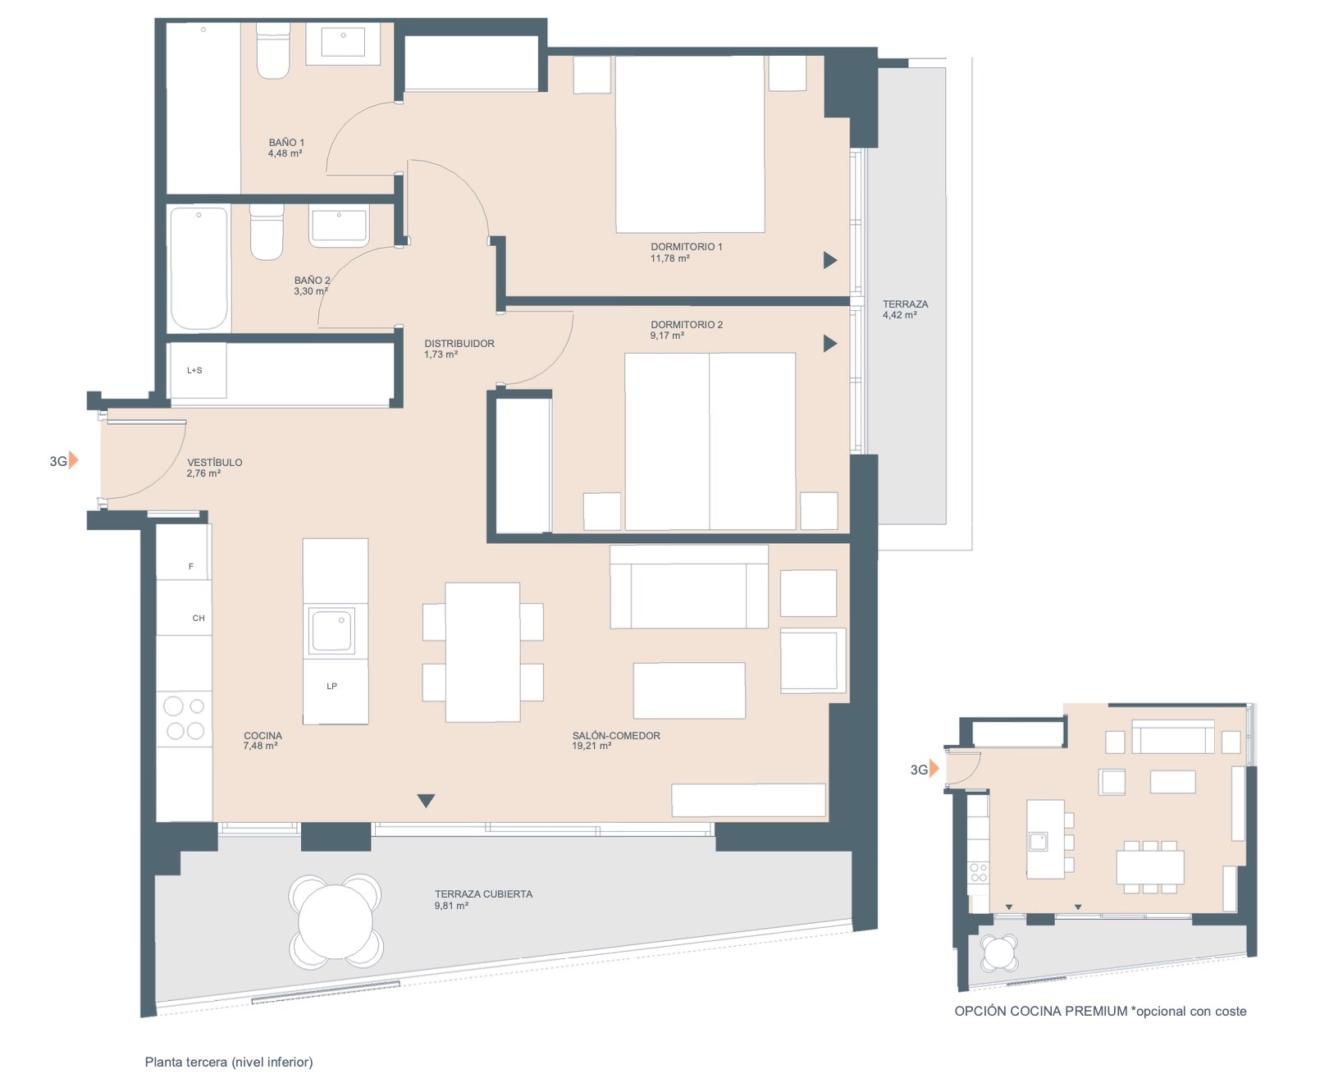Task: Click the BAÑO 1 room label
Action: click(286, 142)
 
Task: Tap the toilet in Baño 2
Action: click(267, 232)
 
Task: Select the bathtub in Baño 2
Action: click(199, 268)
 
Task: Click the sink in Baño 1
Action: click(343, 43)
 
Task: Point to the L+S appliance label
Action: click(194, 370)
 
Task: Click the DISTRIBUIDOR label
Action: click(459, 343)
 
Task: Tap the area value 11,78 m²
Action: click(669, 258)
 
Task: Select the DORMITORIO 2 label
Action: click(687, 324)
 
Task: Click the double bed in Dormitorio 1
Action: click(690, 144)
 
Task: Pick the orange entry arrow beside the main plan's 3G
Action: click(74, 460)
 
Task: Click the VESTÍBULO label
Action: click(215, 462)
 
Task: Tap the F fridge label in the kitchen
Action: click(191, 566)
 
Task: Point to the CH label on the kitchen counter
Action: click(199, 619)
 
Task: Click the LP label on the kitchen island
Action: click(332, 686)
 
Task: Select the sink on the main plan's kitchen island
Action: click(331, 631)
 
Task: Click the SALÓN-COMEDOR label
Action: click(616, 735)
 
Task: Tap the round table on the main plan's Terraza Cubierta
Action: click(335, 921)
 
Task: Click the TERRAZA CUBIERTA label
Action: click(483, 894)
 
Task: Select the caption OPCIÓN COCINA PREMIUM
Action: click(1041, 1012)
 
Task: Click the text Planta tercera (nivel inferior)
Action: click(229, 1062)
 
